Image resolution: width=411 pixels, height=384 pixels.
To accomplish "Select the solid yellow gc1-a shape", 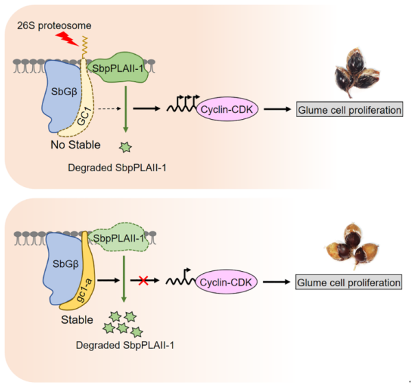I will click(82, 274).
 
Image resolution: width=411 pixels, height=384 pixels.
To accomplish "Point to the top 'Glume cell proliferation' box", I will click(348, 108).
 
